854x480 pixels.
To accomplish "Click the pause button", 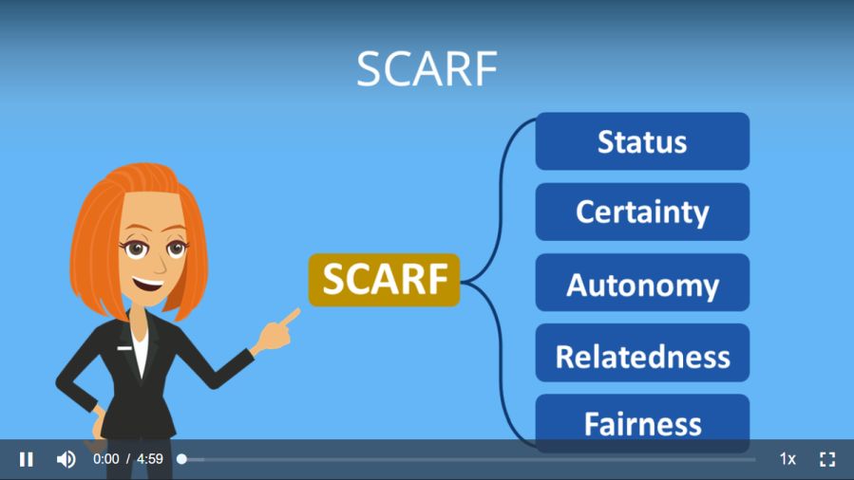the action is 27,459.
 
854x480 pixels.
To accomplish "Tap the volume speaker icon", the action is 66,459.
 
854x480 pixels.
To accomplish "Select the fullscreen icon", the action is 827,459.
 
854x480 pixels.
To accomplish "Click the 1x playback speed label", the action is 788,459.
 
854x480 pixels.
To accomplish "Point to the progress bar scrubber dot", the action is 181,459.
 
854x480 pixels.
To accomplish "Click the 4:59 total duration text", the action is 150,459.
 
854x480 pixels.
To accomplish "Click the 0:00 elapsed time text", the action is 105,459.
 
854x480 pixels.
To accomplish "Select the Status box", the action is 643,141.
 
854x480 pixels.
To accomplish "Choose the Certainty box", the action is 643,212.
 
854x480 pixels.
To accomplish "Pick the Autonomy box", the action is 643,283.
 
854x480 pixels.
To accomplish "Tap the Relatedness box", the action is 643,353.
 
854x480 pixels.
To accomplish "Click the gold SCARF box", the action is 385,280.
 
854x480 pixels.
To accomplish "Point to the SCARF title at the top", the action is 427,69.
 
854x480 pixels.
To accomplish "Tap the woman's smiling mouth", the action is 147,284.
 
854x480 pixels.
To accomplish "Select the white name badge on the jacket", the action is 124,348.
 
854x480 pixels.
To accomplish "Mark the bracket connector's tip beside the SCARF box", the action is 463,281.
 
